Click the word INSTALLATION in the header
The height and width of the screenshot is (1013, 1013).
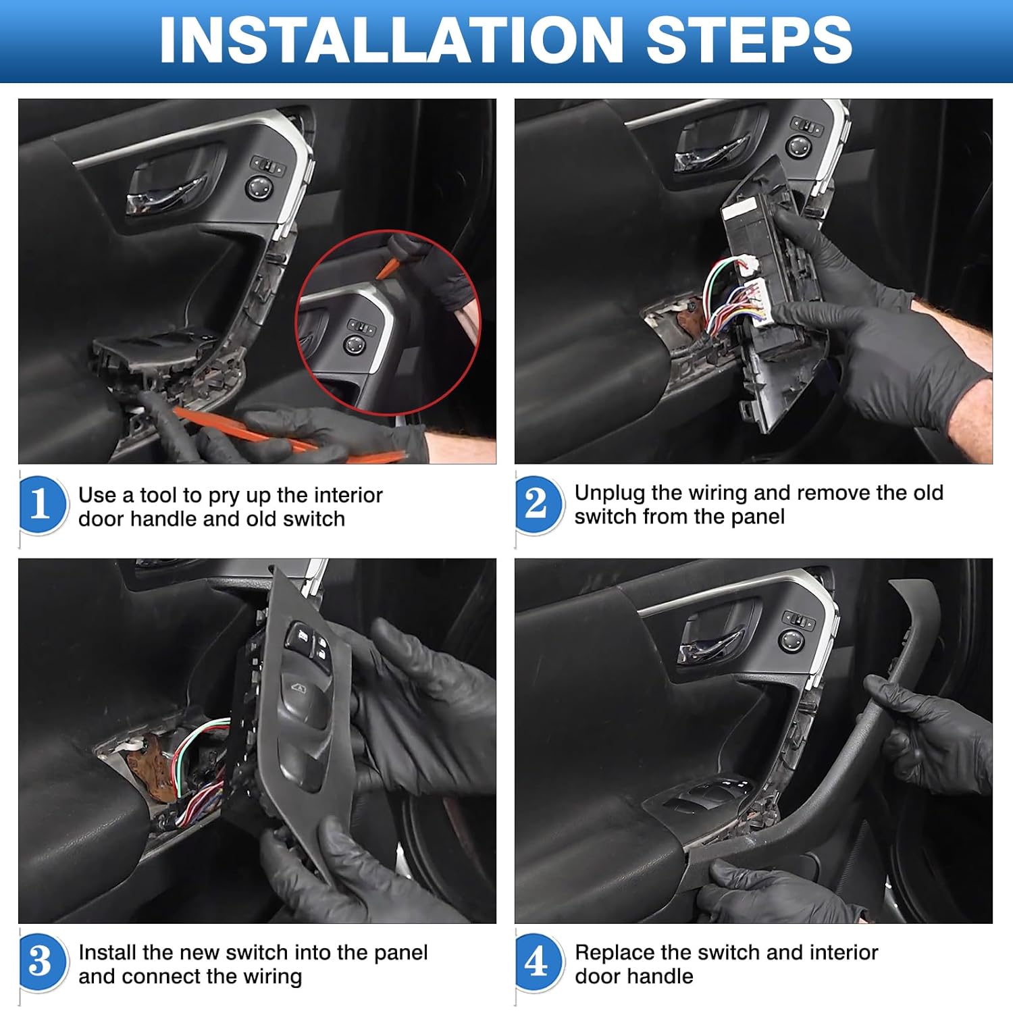(x=390, y=41)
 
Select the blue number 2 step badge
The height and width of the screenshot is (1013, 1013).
(x=537, y=504)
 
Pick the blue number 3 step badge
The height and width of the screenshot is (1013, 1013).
(x=41, y=962)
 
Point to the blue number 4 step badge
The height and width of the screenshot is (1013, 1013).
(x=537, y=962)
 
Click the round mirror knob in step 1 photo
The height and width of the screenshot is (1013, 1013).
(x=260, y=187)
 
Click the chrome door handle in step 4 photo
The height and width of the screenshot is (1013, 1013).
(x=709, y=645)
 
